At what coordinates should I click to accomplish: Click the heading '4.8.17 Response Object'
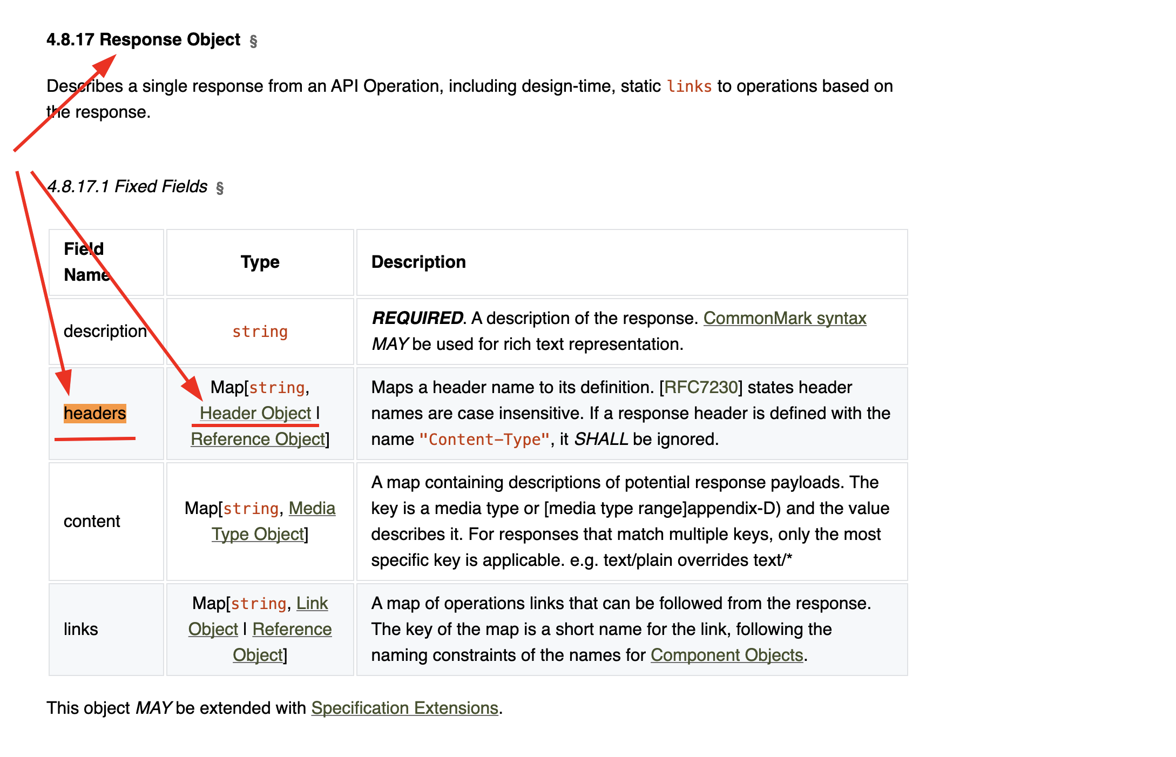pos(143,40)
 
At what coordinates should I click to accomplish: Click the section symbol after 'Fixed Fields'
pos(220,188)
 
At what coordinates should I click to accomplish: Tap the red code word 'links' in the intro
pos(689,86)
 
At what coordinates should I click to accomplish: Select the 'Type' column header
pos(260,262)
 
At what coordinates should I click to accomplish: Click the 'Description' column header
pos(418,262)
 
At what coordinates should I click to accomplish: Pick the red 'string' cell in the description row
pos(260,332)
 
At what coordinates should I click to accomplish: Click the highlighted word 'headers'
pos(95,413)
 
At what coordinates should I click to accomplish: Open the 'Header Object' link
pos(255,413)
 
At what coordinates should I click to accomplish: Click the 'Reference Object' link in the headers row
pos(258,439)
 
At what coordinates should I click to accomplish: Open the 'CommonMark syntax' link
pos(785,318)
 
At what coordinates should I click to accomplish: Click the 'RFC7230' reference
pos(700,387)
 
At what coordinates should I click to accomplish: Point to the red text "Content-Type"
pos(484,440)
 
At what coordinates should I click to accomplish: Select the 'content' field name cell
pos(92,521)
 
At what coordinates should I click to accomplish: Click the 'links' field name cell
pos(81,629)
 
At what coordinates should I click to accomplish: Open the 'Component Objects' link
pos(727,655)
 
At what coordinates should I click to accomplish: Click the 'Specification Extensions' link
pos(404,708)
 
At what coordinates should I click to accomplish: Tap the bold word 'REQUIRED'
pos(417,318)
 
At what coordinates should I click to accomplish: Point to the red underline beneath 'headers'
pos(95,439)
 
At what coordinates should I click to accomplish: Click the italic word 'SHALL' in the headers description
pos(601,439)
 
